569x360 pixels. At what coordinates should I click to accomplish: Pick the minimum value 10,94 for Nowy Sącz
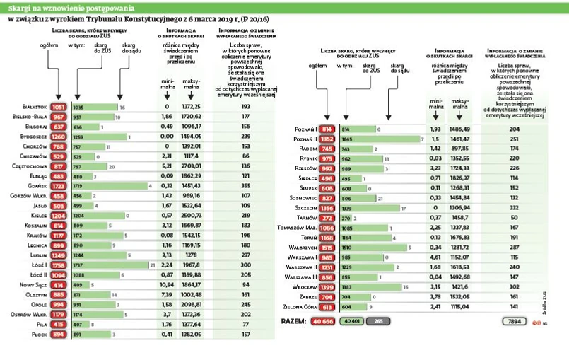[x=167, y=284]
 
